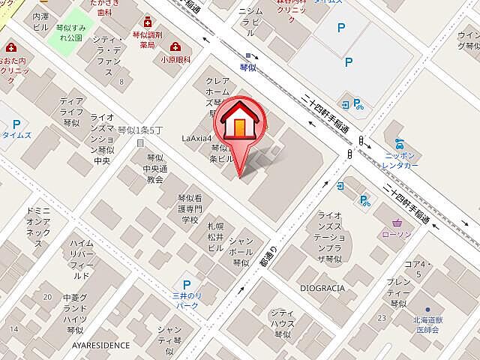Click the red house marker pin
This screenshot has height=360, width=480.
click(238, 124)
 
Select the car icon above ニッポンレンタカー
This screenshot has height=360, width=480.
click(395, 140)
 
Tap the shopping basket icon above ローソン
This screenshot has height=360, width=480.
click(397, 222)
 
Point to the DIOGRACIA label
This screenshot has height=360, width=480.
click(322, 287)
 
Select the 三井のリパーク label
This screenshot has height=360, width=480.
click(186, 301)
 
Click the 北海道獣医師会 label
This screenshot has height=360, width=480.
click(427, 325)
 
